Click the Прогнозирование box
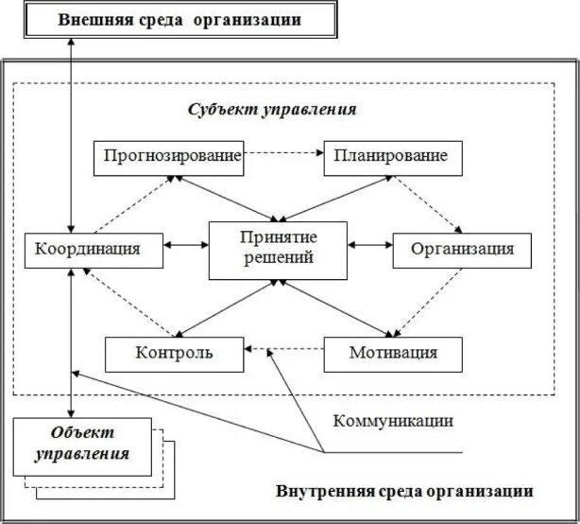[169, 157]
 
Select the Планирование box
[393, 157]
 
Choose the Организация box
[462, 249]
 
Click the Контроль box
[174, 354]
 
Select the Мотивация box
[393, 354]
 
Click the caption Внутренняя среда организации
[404, 492]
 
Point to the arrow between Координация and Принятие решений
[187, 245]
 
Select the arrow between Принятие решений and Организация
[369, 245]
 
